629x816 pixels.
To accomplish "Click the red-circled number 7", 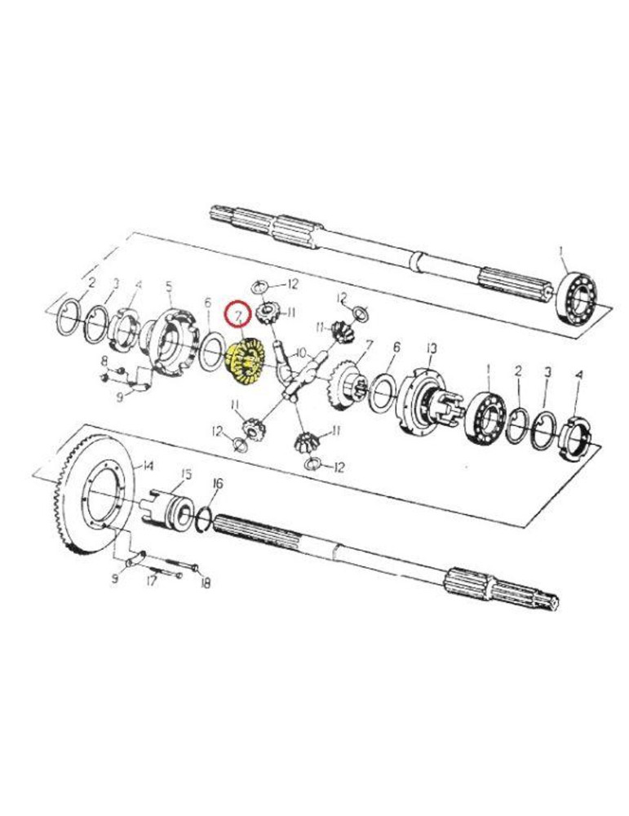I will tap(237, 314).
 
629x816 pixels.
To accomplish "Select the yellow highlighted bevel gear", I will tap(242, 362).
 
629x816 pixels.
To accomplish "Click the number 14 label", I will tap(147, 466).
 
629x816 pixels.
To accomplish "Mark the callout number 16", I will tap(216, 484).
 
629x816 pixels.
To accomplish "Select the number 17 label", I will tap(152, 583).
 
